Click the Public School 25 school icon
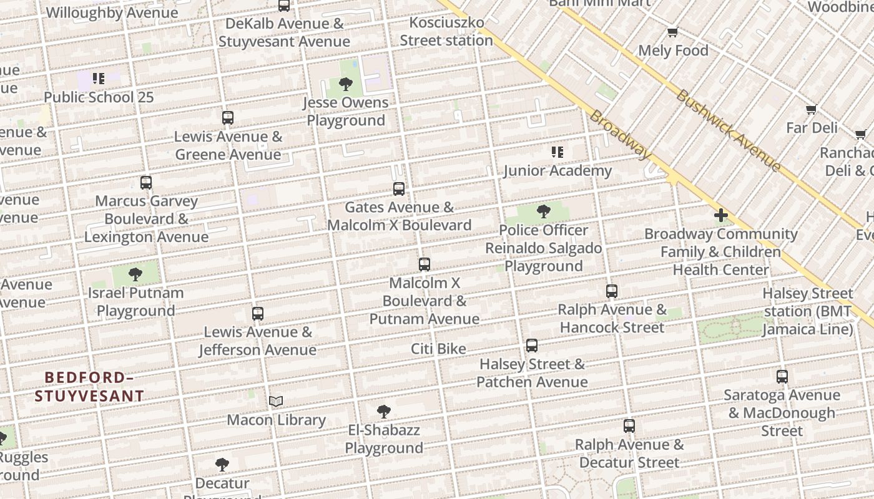point(99,79)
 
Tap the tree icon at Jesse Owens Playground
point(345,84)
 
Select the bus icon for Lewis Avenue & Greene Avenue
point(228,117)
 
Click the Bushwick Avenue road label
point(728,130)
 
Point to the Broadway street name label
point(620,135)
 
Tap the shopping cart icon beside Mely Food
point(672,32)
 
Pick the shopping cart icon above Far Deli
point(811,109)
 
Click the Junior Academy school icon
point(557,152)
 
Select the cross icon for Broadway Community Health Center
point(721,216)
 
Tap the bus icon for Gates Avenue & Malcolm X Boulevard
point(399,188)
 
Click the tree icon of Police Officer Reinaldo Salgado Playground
point(544,211)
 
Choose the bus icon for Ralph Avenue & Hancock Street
point(612,291)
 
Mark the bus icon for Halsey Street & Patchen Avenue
point(532,345)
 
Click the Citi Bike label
point(438,349)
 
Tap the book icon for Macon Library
point(276,401)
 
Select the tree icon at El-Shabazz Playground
point(384,411)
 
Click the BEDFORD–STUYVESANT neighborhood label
point(89,387)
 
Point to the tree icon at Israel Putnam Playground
point(135,274)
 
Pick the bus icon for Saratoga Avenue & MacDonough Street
point(782,376)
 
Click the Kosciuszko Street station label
point(446,32)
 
